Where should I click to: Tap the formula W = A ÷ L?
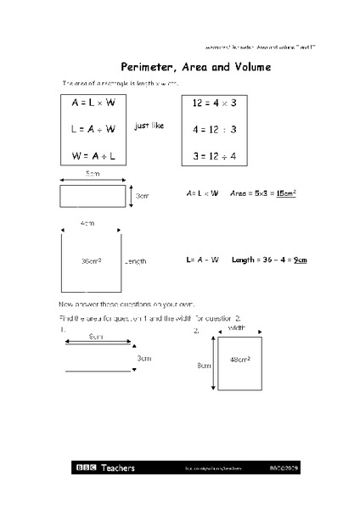pyautogui.click(x=93, y=155)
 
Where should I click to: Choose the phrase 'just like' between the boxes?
pyautogui.click(x=149, y=125)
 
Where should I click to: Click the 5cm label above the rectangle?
pyautogui.click(x=93, y=174)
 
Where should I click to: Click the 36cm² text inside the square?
pyautogui.click(x=91, y=260)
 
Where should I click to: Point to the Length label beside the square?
pyautogui.click(x=136, y=261)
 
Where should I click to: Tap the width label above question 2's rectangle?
pyautogui.click(x=237, y=326)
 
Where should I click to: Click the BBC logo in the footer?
pyautogui.click(x=87, y=467)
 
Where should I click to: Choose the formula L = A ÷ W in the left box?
pyautogui.click(x=93, y=130)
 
